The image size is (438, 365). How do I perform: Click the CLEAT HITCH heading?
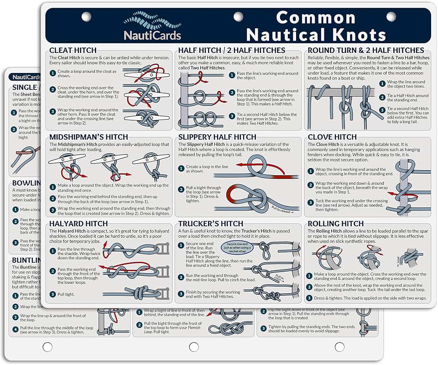(73, 50)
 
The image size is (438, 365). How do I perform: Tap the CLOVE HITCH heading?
(332, 137)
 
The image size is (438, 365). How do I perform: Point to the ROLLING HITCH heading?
(336, 224)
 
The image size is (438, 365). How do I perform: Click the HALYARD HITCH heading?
(78, 224)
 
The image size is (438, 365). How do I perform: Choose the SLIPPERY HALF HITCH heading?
(217, 137)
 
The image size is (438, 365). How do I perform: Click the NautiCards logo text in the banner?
(153, 35)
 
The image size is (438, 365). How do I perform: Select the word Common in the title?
(316, 18)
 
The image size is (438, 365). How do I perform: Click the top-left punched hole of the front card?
(86, 17)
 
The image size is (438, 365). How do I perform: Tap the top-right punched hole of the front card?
(391, 17)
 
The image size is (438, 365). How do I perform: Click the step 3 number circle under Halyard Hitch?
(53, 294)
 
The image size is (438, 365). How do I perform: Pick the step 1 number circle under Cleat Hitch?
(53, 72)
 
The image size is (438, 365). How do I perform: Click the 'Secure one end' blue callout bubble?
(237, 248)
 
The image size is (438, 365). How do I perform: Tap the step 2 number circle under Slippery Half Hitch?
(182, 188)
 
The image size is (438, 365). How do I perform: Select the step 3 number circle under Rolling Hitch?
(309, 298)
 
